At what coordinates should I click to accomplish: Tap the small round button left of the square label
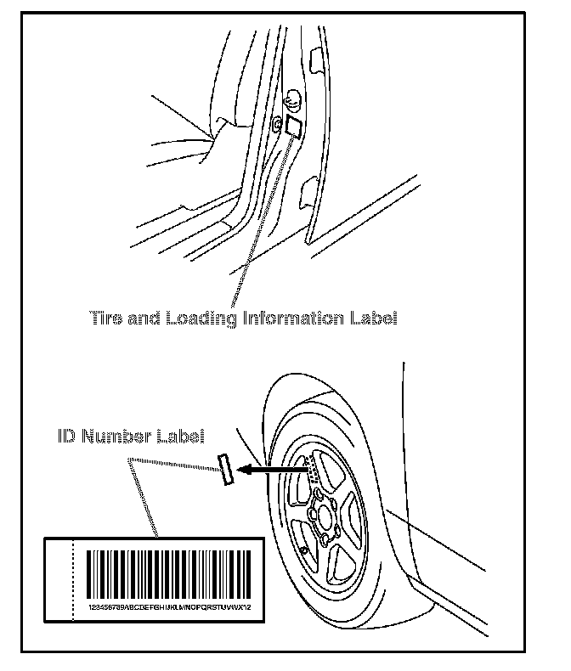(277, 124)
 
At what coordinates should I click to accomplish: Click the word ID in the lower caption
(67, 437)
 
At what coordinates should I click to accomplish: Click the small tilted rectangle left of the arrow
(226, 468)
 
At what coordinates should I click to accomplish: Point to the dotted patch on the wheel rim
(312, 468)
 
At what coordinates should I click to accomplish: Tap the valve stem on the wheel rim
(302, 550)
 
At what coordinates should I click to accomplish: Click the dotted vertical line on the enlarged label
(75, 578)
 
